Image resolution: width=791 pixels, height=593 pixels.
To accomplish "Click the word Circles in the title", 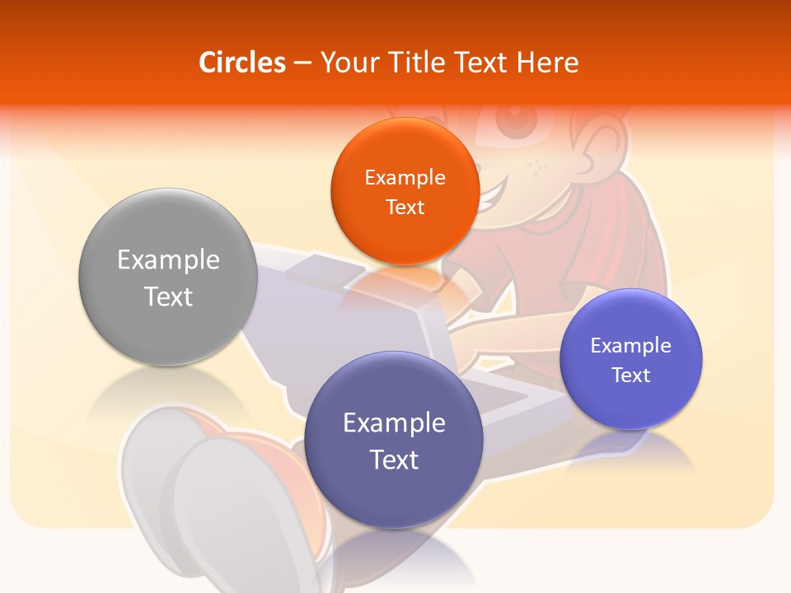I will coord(241,63).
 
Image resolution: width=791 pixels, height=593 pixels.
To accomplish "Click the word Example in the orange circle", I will coord(405,178).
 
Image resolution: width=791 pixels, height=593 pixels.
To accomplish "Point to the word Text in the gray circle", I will coord(168,296).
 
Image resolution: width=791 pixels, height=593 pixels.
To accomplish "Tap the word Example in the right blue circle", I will coord(631,346).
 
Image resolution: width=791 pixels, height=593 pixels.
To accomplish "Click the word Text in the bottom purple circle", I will coord(394,460).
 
